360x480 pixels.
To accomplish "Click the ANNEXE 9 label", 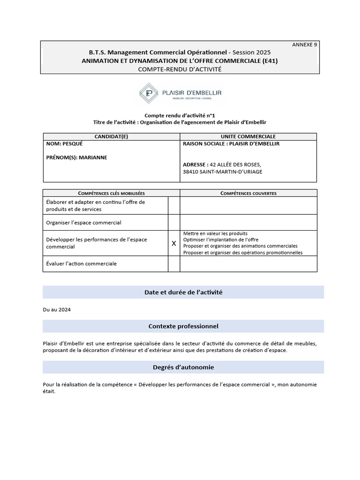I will point(305,45).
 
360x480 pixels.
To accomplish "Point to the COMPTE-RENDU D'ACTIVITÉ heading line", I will point(180,69).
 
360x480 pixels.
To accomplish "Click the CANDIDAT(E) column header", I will point(111,136).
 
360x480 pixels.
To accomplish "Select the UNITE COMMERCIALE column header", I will point(248,136).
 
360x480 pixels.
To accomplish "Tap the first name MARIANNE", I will point(93,157).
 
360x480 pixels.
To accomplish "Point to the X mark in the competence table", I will point(174,243).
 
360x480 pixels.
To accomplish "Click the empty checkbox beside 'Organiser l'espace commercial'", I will point(174,223).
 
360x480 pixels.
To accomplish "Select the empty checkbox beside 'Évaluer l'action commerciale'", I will point(174,264).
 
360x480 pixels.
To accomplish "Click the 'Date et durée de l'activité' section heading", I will point(183,292).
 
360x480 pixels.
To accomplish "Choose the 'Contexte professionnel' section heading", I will point(183,326).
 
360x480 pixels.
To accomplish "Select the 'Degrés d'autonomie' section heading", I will point(183,367).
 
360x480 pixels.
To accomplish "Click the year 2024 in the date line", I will point(65,310).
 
